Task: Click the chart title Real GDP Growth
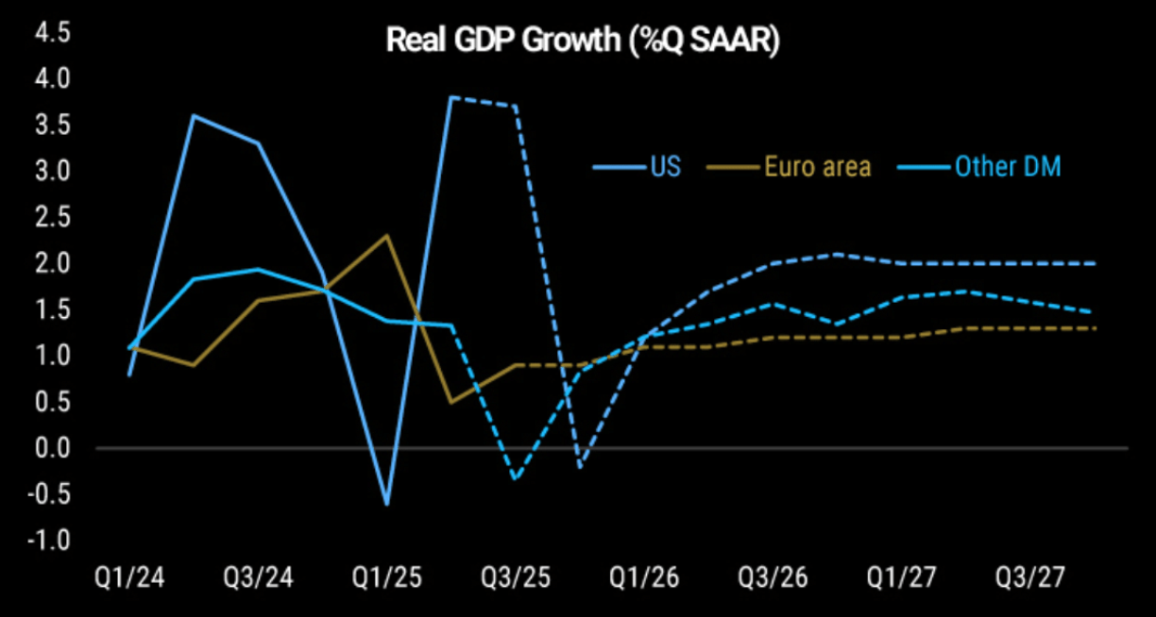tap(582, 42)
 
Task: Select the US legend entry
tap(664, 167)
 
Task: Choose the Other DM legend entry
tap(1008, 167)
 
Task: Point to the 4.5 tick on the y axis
tap(51, 32)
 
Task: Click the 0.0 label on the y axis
tap(51, 448)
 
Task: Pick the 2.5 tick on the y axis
tap(51, 217)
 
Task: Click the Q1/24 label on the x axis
tap(128, 577)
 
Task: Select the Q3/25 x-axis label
tap(515, 577)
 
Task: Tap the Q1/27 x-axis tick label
tap(901, 577)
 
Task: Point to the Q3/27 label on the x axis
tap(1029, 577)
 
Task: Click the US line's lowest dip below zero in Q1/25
tap(387, 504)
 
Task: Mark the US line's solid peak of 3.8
tap(451, 97)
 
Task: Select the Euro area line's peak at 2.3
tap(387, 235)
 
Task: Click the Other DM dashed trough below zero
tap(516, 478)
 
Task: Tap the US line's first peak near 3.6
tap(194, 116)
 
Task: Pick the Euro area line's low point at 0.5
tap(451, 402)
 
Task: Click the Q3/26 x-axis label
tap(773, 577)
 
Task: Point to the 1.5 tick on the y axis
tap(51, 309)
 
